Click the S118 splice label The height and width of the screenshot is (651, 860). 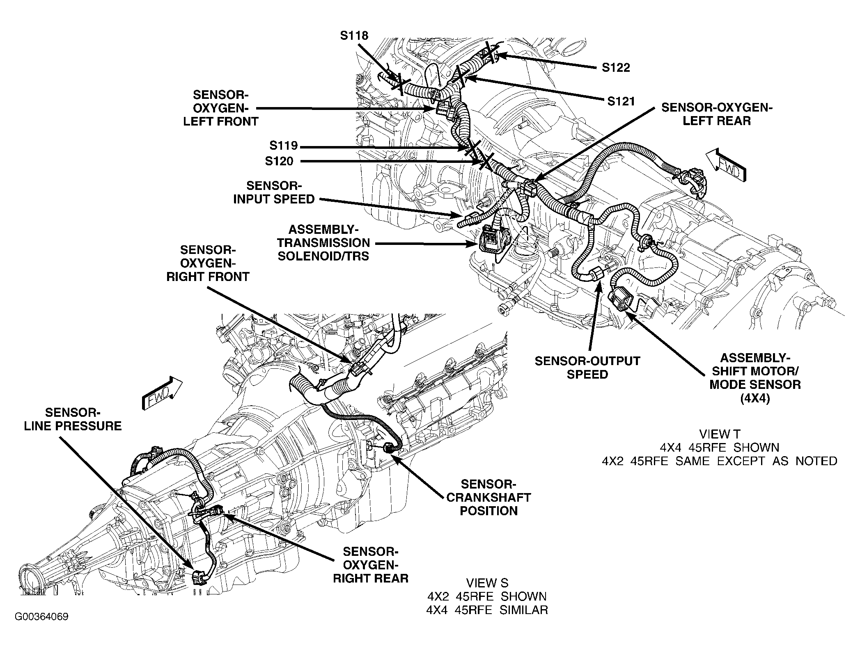tap(354, 36)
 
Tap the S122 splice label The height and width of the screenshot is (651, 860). tap(616, 68)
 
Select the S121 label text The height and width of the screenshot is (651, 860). tap(621, 101)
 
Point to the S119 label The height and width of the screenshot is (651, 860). tap(283, 146)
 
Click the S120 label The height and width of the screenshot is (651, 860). tap(279, 161)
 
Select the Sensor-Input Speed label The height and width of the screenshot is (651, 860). tap(274, 192)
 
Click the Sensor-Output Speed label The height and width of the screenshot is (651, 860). tap(587, 368)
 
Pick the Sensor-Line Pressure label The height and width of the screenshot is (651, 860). tap(73, 419)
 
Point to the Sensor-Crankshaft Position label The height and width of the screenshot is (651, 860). tap(488, 497)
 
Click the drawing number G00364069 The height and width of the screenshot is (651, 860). tap(41, 628)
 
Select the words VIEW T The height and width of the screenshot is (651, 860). tap(719, 434)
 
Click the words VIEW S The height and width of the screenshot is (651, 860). tap(487, 583)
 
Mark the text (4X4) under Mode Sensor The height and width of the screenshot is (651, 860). tap(755, 398)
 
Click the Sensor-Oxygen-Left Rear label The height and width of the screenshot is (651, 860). tap(717, 114)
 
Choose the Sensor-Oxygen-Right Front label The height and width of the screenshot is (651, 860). tap(208, 263)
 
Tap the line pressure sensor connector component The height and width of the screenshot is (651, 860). tap(199, 578)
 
